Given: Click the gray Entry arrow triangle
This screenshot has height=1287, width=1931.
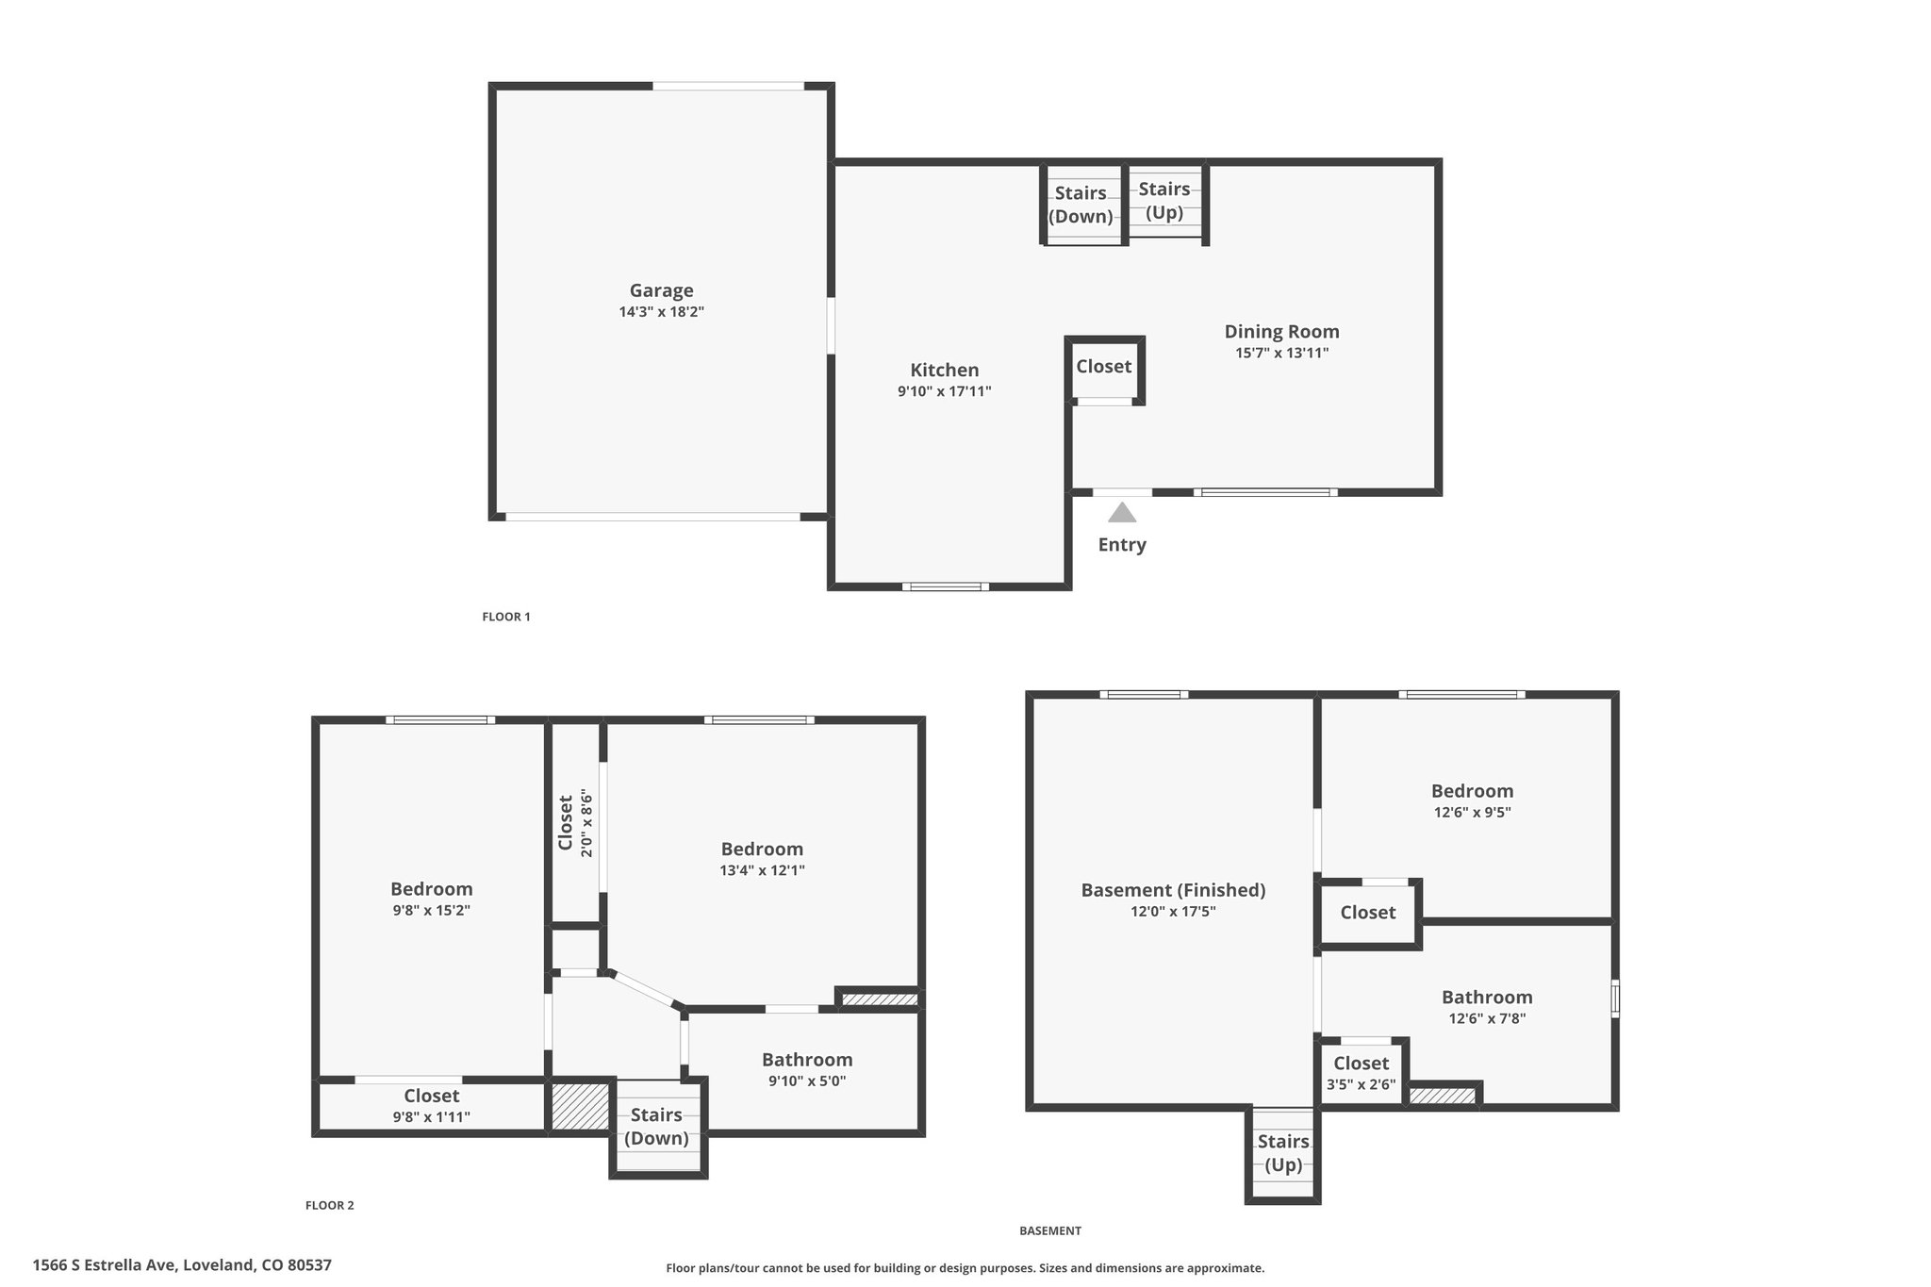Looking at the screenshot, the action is pyautogui.click(x=1122, y=513).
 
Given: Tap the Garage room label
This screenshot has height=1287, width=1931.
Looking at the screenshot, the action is pyautogui.click(x=662, y=290).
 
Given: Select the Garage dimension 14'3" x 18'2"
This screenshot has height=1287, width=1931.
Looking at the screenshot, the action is pyautogui.click(x=662, y=312).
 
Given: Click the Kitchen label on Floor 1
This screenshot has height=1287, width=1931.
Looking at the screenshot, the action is pyautogui.click(x=945, y=370).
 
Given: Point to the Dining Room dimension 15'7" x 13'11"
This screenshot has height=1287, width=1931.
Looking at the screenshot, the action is pyautogui.click(x=1282, y=354).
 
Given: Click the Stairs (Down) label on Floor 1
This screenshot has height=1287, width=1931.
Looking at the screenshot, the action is pyautogui.click(x=1081, y=205).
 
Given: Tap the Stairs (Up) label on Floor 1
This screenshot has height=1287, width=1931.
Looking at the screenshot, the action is pyautogui.click(x=1164, y=201).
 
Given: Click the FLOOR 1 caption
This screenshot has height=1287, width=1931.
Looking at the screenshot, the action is pyautogui.click(x=506, y=617).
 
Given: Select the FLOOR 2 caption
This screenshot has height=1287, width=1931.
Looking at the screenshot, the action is pyautogui.click(x=330, y=1205).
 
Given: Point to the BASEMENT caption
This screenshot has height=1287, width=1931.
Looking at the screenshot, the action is pyautogui.click(x=1050, y=1230).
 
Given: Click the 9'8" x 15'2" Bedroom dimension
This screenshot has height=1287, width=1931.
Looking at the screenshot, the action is pyautogui.click(x=432, y=911).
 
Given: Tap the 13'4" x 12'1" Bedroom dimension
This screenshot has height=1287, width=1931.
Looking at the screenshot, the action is pyautogui.click(x=762, y=871).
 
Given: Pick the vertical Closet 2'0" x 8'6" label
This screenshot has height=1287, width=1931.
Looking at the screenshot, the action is pyautogui.click(x=575, y=823).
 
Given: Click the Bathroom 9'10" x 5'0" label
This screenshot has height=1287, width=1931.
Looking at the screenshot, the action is pyautogui.click(x=807, y=1070).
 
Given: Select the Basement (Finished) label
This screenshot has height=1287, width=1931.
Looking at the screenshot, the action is pyautogui.click(x=1173, y=890).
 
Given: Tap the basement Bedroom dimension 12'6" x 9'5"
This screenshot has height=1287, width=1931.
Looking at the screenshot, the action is pyautogui.click(x=1473, y=813).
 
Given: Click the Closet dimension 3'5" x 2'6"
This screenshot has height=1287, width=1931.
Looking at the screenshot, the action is pyautogui.click(x=1362, y=1085).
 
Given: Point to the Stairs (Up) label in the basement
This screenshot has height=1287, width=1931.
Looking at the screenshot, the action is pyautogui.click(x=1283, y=1153).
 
